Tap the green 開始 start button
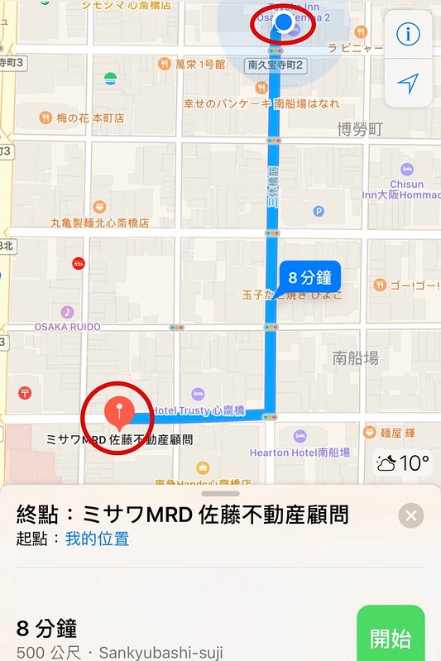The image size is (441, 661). [391, 638]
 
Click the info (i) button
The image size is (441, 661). [407, 34]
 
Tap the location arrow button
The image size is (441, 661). [407, 82]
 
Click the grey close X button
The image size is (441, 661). [411, 516]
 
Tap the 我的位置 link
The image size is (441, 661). [97, 539]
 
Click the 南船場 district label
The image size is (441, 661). [356, 357]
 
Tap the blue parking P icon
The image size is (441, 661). [319, 211]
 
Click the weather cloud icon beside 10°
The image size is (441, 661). [386, 462]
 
